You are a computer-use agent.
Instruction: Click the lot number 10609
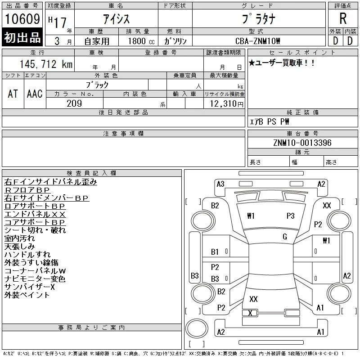click(x=22, y=18)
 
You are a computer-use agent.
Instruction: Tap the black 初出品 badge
click(x=22, y=37)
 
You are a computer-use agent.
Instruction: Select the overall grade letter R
click(x=343, y=18)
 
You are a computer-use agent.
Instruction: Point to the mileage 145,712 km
click(x=46, y=64)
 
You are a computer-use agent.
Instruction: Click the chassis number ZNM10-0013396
click(x=302, y=143)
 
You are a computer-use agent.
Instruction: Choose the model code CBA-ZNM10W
click(x=257, y=41)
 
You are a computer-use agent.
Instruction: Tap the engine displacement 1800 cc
click(x=141, y=41)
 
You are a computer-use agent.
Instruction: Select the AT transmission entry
click(x=13, y=94)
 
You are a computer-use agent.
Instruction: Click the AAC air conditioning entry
click(x=35, y=94)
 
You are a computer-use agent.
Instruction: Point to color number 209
click(x=74, y=103)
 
